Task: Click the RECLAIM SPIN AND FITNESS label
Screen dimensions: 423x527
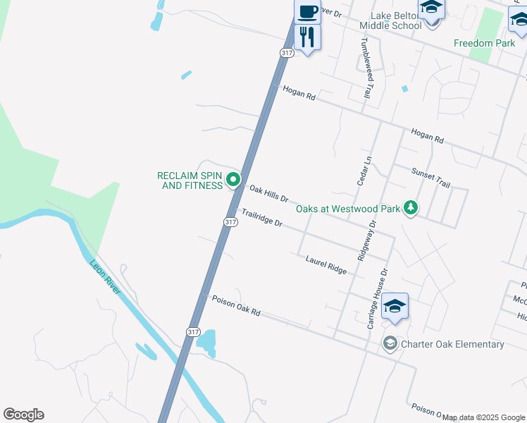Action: [189, 180]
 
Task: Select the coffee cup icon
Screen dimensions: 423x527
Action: [307, 12]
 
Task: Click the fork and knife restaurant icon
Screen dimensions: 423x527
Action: [307, 36]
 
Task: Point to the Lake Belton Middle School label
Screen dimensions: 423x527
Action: [391, 20]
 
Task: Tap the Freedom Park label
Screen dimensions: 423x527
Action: [484, 43]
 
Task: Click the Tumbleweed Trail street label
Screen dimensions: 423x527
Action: [365, 67]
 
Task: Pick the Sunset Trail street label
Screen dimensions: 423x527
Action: [430, 177]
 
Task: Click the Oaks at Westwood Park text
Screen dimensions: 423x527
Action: [347, 208]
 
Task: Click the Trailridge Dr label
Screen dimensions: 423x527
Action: [261, 218]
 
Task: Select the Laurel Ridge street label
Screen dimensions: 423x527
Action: [326, 265]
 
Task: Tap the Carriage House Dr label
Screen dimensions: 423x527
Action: [377, 298]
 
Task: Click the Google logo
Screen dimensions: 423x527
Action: [23, 415]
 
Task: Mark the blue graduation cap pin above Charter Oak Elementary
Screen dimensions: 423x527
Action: [395, 306]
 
